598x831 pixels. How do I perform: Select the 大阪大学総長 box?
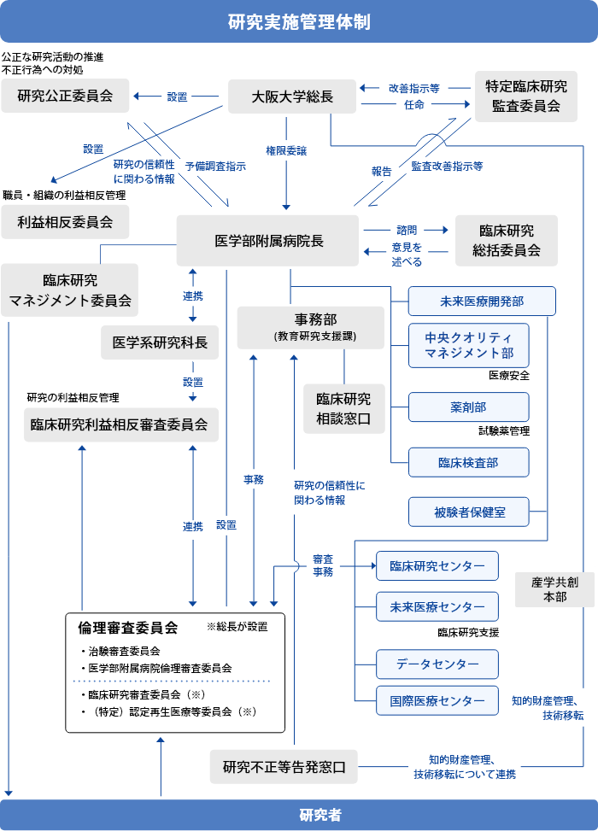click(x=291, y=96)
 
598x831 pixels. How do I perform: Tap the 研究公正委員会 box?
click(x=65, y=96)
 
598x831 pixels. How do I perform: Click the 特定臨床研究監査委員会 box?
click(x=525, y=96)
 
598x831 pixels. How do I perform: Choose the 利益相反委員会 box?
click(x=65, y=222)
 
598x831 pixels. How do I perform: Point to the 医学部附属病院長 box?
click(x=267, y=240)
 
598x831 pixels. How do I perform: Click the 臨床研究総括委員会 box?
click(x=507, y=240)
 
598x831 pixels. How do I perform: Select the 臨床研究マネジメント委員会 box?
click(x=69, y=290)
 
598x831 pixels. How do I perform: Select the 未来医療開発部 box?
click(x=482, y=301)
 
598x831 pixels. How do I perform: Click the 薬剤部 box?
click(x=468, y=407)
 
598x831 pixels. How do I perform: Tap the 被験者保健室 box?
click(x=468, y=512)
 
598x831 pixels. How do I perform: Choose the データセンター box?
click(x=437, y=663)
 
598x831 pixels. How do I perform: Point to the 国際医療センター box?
click(x=437, y=700)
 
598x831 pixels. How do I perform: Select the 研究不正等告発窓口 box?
click(x=284, y=766)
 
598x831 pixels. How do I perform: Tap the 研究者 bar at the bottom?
click(x=299, y=815)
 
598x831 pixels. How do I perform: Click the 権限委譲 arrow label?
click(x=286, y=150)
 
